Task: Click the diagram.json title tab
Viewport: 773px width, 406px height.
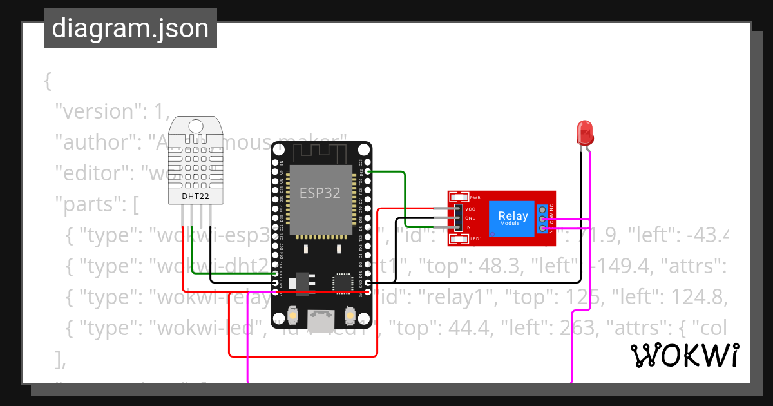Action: (130, 28)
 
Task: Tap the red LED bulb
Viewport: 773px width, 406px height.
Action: (585, 132)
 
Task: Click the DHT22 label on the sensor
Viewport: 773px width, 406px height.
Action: (195, 195)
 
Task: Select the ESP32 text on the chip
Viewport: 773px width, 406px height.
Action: (320, 193)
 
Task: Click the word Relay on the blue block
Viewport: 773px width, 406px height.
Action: (513, 216)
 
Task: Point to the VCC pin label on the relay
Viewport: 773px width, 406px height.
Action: (470, 209)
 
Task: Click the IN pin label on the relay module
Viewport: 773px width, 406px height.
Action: (468, 227)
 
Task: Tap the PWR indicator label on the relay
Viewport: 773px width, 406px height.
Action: (475, 197)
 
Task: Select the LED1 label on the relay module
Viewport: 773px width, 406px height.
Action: (476, 239)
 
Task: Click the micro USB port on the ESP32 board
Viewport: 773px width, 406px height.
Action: (320, 317)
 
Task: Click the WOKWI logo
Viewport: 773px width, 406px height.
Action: (684, 355)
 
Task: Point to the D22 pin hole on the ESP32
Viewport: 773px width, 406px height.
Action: (368, 172)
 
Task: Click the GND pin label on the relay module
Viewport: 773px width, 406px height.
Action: (470, 218)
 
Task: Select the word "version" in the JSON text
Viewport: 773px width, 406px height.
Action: (99, 111)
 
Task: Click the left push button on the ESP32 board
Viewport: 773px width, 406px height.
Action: (293, 316)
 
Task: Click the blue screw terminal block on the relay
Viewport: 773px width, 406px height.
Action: (544, 218)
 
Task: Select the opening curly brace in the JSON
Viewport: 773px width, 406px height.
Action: (48, 81)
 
